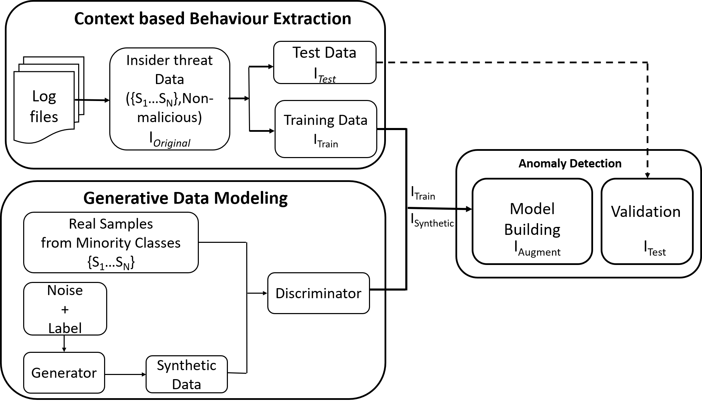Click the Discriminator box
[318, 293]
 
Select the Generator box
[64, 373]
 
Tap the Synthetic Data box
[187, 374]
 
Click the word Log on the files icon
[44, 97]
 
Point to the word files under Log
[44, 117]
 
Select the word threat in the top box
[192, 61]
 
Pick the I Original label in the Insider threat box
[169, 140]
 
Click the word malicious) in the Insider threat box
[169, 118]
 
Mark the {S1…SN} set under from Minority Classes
[111, 263]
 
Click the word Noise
[65, 291]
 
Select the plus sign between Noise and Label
[65, 309]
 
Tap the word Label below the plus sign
[65, 328]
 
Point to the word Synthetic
[187, 366]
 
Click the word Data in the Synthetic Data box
[187, 384]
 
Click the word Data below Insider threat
[169, 80]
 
